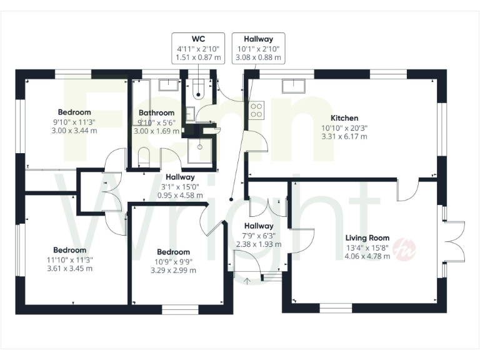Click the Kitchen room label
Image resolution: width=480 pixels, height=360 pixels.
click(x=344, y=118)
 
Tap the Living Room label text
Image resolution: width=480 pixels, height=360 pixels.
click(x=367, y=237)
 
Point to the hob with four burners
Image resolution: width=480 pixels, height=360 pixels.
click(x=256, y=111)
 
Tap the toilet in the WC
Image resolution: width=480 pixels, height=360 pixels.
click(x=198, y=90)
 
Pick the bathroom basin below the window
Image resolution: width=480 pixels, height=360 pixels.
click(x=167, y=85)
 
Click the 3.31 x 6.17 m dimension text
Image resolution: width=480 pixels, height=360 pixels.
click(x=344, y=137)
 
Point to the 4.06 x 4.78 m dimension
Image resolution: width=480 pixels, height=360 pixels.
click(x=367, y=256)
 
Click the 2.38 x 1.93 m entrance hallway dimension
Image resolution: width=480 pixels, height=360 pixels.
click(x=259, y=245)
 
